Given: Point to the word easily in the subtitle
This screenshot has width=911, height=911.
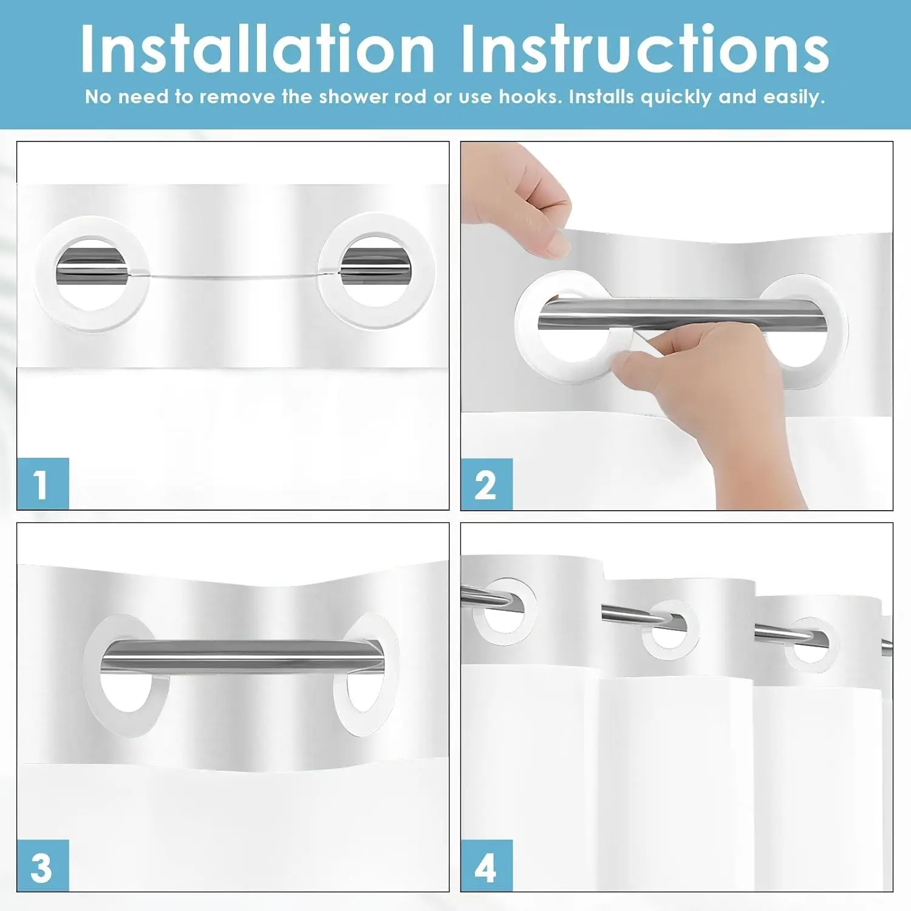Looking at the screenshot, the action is click(794, 97).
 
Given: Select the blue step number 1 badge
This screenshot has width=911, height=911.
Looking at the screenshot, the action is click(43, 483).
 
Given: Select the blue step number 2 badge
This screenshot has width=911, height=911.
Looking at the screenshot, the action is click(486, 484).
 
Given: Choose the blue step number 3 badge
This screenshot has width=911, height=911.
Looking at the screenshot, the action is click(43, 865).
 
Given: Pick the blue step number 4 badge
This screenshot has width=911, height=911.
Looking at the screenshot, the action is click(486, 865).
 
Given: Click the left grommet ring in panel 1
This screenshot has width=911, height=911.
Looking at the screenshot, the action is click(44, 273).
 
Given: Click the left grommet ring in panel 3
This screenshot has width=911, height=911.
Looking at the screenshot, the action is click(91, 674).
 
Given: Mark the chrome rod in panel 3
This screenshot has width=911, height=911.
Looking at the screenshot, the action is click(243, 657).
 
